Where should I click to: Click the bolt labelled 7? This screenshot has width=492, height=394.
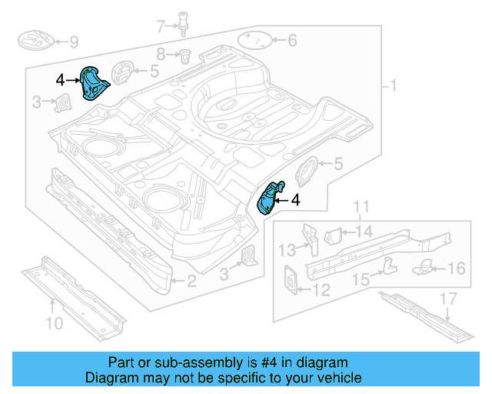coord(184,22)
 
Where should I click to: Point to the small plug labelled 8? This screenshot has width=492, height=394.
coord(185,56)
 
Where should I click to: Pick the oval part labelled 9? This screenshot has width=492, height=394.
coord(37,38)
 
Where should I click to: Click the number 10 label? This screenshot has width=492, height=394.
coord(54,323)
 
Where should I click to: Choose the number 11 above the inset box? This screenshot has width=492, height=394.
coord(362,207)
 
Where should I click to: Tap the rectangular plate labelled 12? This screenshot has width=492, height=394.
coord(292,280)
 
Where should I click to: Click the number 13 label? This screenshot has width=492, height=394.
coord(286,249)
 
